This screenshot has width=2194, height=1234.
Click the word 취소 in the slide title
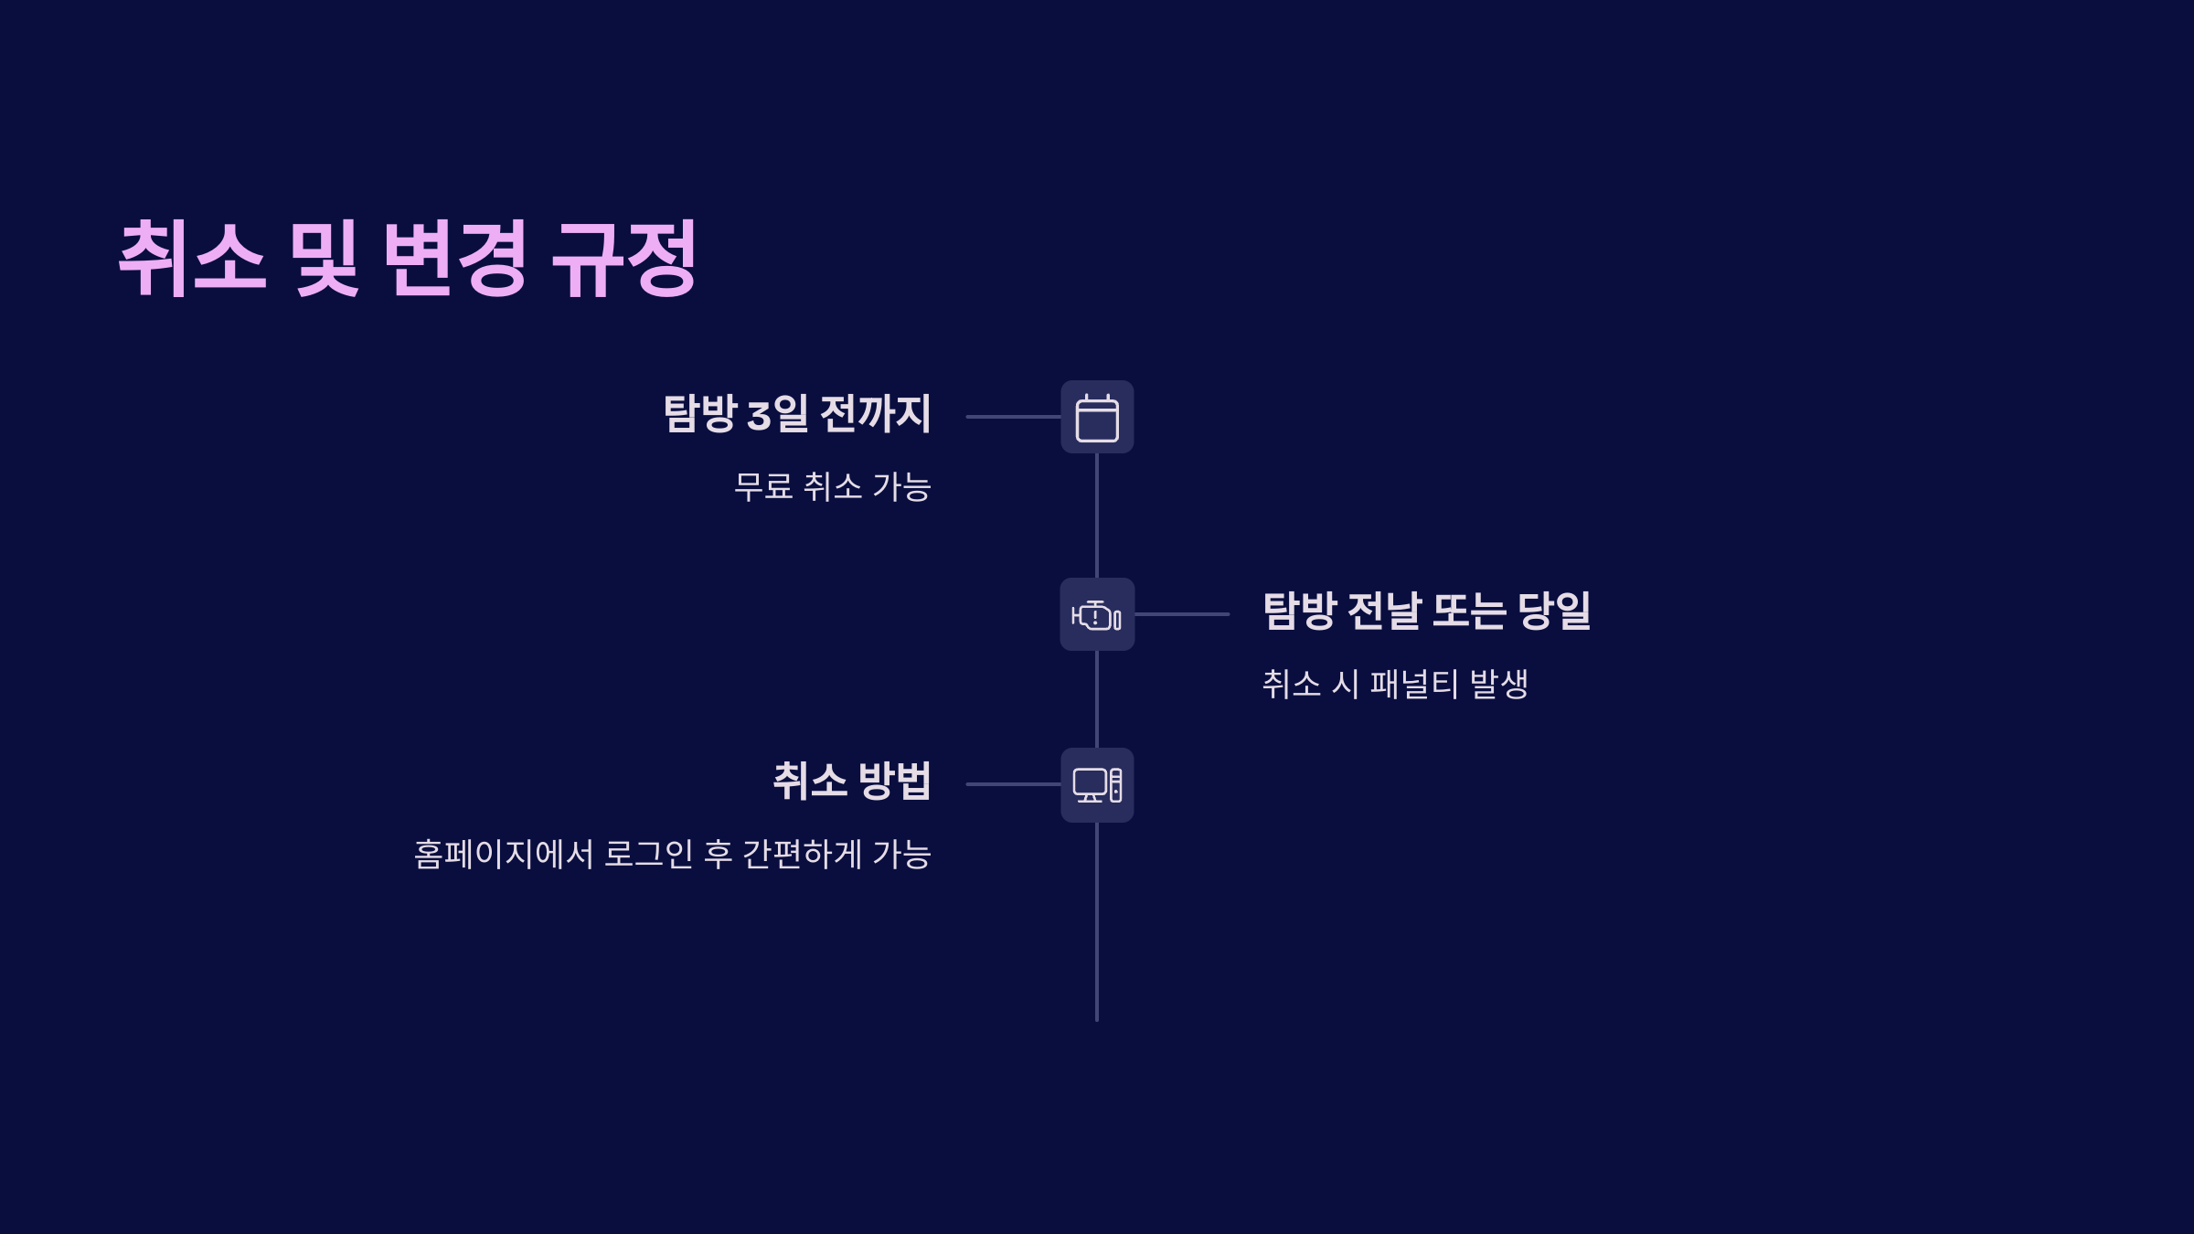(193, 259)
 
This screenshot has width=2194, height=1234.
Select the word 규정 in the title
(625, 259)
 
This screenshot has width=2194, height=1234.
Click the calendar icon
(1097, 418)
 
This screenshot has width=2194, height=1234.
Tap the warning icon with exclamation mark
(1097, 615)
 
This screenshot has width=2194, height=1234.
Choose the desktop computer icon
(1097, 785)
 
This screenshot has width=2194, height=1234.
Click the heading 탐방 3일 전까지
(797, 414)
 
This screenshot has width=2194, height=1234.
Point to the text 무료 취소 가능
(832, 487)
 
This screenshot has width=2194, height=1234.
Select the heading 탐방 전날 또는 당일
(1426, 611)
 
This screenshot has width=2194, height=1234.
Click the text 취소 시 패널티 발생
(1395, 684)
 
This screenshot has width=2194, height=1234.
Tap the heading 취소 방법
(852, 782)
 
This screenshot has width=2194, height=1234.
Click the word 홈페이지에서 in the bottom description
(504, 855)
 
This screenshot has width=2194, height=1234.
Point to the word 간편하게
(802, 855)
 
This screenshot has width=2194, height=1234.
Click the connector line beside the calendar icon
(1013, 417)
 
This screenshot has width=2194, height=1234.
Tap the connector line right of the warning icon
(1182, 614)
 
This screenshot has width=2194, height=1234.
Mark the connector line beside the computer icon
(1013, 784)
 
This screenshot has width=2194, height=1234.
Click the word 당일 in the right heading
(1554, 611)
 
